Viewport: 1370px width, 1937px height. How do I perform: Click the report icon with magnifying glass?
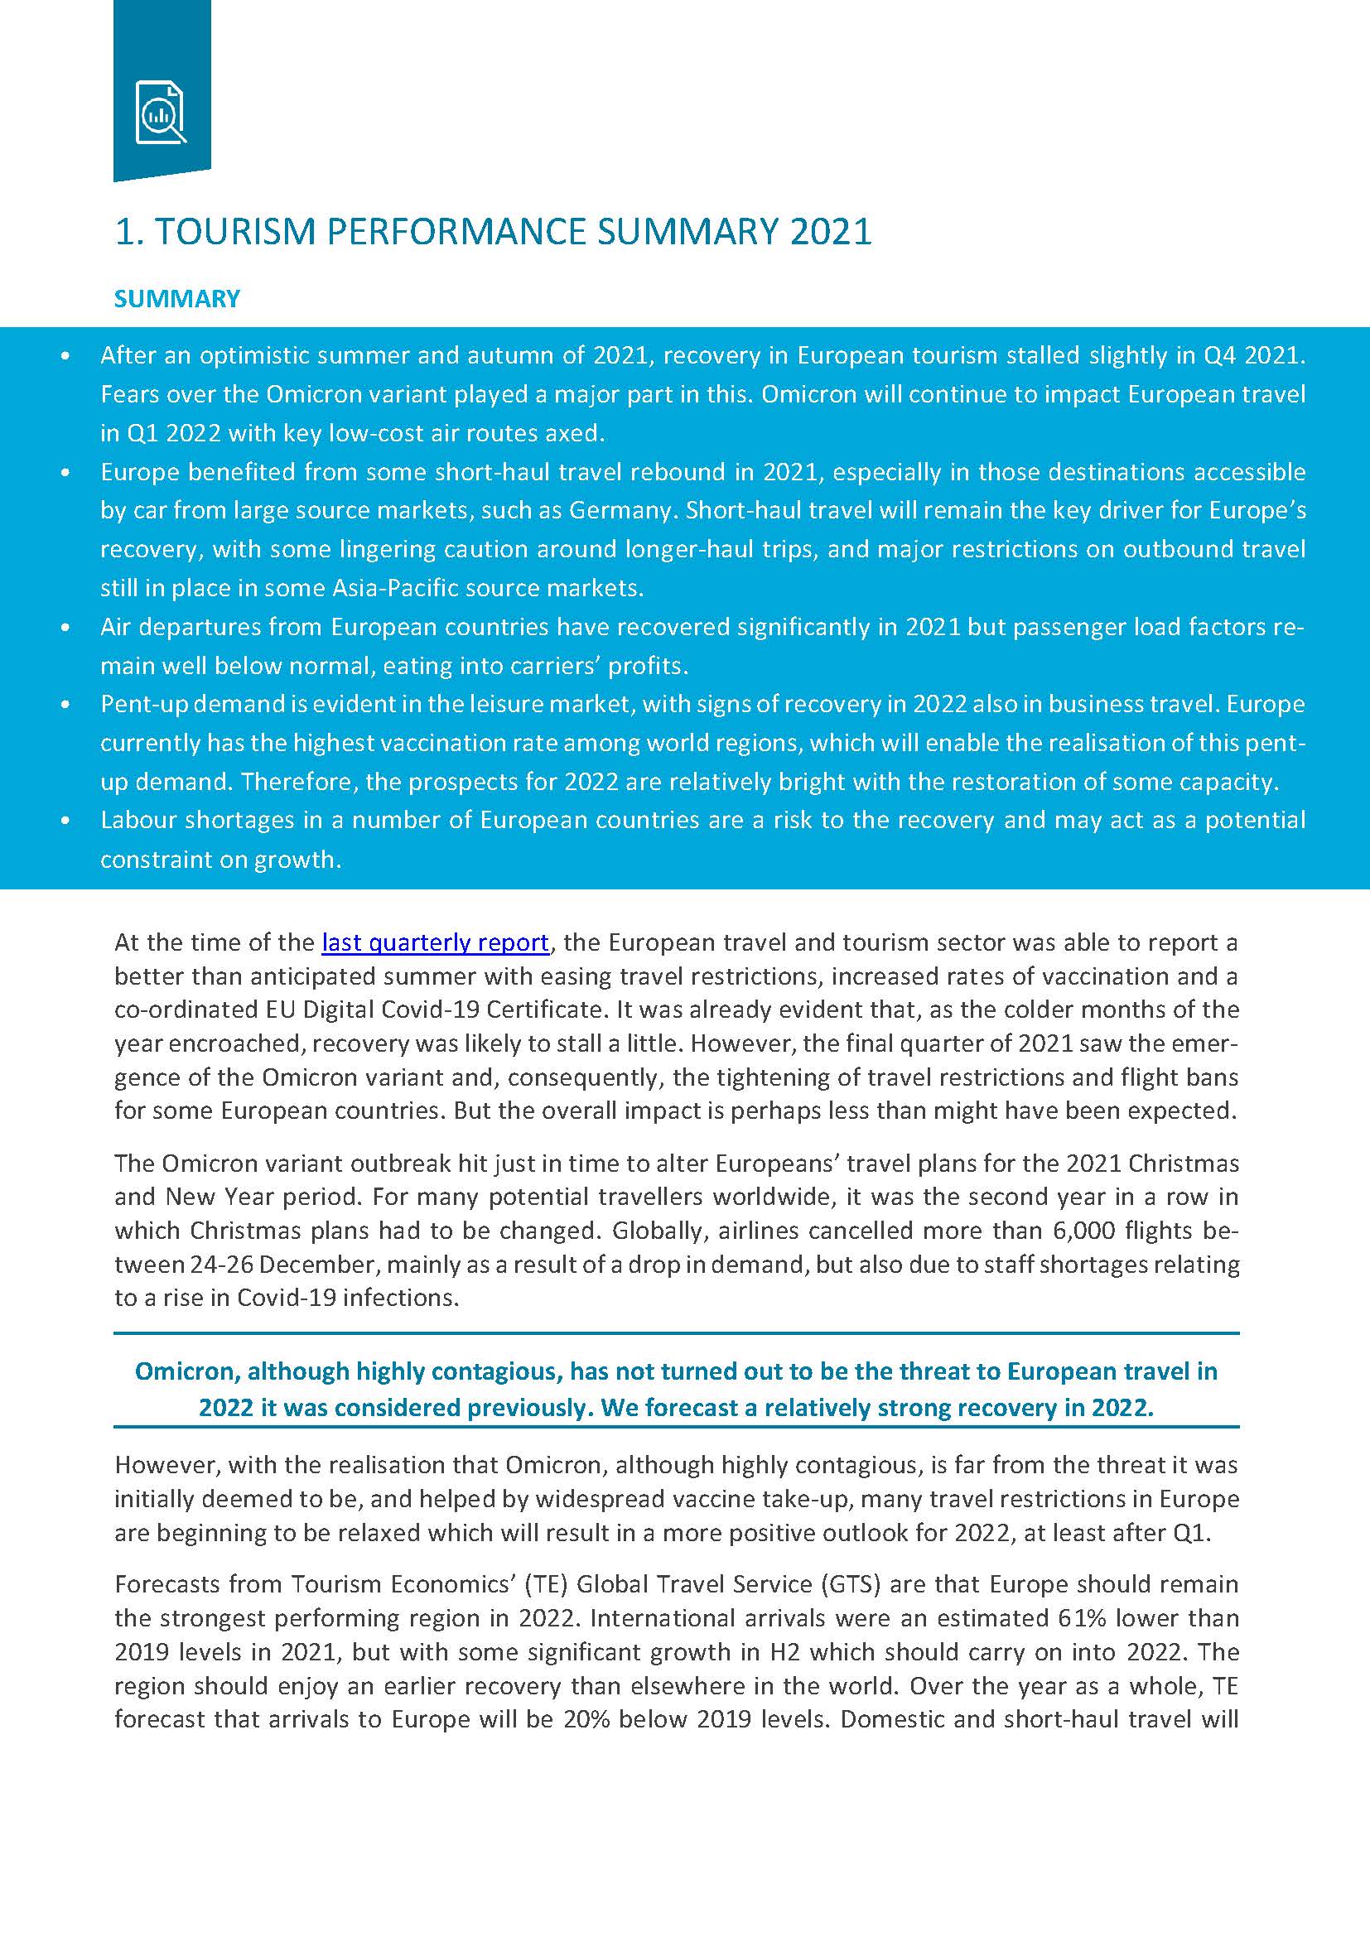[161, 112]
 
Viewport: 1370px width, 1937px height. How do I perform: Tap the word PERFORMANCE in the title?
[456, 232]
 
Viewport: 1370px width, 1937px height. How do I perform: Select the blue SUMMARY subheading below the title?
[177, 299]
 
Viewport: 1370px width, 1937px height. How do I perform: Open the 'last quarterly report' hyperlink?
[436, 942]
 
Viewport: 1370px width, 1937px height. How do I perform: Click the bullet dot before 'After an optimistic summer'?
[65, 357]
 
